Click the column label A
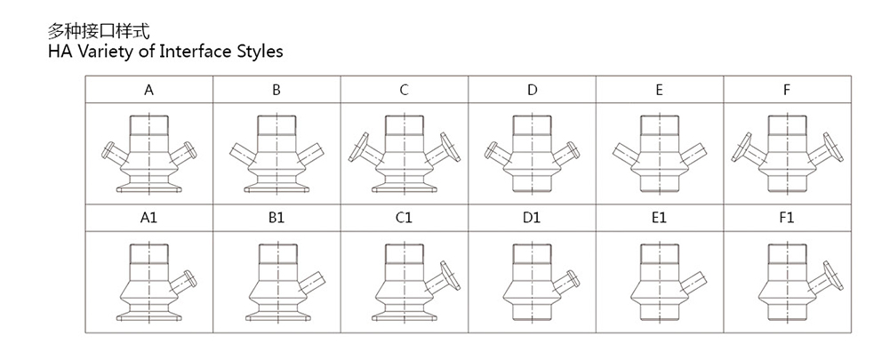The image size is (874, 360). point(148,91)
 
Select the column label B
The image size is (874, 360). point(277,91)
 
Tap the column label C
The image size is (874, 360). point(404,91)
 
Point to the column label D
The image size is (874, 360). point(532,91)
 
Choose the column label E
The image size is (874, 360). point(659,91)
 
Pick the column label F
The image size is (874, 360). point(787,91)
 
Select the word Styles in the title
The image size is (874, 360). point(260,51)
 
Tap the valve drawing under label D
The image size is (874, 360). point(531,153)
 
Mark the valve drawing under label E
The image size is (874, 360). point(659,153)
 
